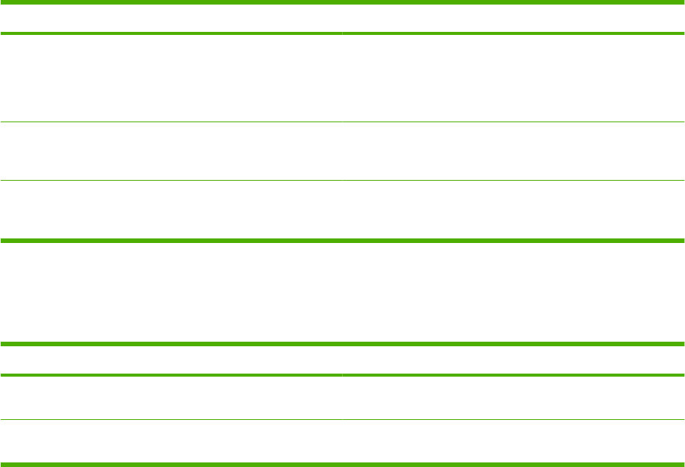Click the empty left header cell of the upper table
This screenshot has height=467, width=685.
(x=171, y=18)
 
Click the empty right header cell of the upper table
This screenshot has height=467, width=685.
(x=513, y=18)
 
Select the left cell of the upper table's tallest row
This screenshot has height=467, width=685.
(x=171, y=78)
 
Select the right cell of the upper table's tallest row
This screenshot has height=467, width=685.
(x=513, y=78)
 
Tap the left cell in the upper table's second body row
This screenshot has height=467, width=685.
(x=171, y=151)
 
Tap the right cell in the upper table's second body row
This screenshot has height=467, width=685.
(x=513, y=151)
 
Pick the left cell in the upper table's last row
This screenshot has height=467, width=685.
(x=171, y=210)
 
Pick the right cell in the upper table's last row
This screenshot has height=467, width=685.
(x=513, y=210)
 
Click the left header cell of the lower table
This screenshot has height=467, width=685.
(x=171, y=360)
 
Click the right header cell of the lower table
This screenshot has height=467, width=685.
(x=513, y=360)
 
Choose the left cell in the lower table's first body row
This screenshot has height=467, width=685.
(x=171, y=398)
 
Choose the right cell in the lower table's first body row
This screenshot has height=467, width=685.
(x=513, y=398)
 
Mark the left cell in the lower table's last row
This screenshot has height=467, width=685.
(x=171, y=441)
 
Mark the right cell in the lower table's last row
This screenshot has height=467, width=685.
(x=513, y=441)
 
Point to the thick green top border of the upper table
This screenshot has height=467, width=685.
(x=342, y=2)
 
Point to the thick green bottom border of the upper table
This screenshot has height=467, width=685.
(x=342, y=241)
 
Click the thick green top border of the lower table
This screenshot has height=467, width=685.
(x=342, y=345)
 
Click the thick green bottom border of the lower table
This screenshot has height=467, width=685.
(x=342, y=464)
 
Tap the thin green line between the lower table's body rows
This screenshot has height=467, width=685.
(x=342, y=420)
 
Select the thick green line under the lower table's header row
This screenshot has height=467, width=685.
(x=342, y=375)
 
